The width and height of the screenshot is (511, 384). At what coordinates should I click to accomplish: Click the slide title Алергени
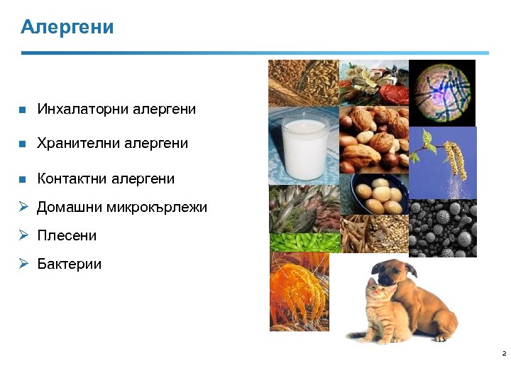point(67,27)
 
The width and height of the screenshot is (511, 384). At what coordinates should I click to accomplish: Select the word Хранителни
point(79,143)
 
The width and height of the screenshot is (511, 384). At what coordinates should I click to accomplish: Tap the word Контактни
point(73,178)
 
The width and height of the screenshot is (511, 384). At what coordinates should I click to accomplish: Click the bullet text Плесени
point(67,235)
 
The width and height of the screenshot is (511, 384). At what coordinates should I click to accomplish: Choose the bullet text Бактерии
point(69,264)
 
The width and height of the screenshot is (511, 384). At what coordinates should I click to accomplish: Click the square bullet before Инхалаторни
point(22,110)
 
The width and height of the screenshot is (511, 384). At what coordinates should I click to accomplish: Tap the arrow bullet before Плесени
point(23,235)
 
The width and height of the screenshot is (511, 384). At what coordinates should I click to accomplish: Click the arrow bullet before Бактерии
point(23,263)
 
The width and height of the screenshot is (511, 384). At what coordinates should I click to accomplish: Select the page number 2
point(503,353)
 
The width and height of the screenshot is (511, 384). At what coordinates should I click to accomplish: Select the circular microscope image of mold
point(443,92)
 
